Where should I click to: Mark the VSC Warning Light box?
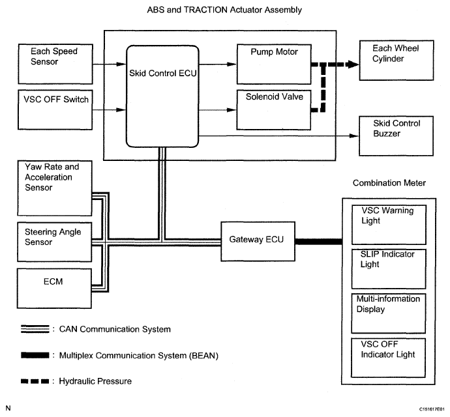pos(388,223)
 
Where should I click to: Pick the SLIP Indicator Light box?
pos(388,268)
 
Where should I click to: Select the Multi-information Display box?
pos(388,312)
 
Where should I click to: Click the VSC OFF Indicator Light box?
pos(388,356)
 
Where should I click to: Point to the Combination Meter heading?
pos(389,183)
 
